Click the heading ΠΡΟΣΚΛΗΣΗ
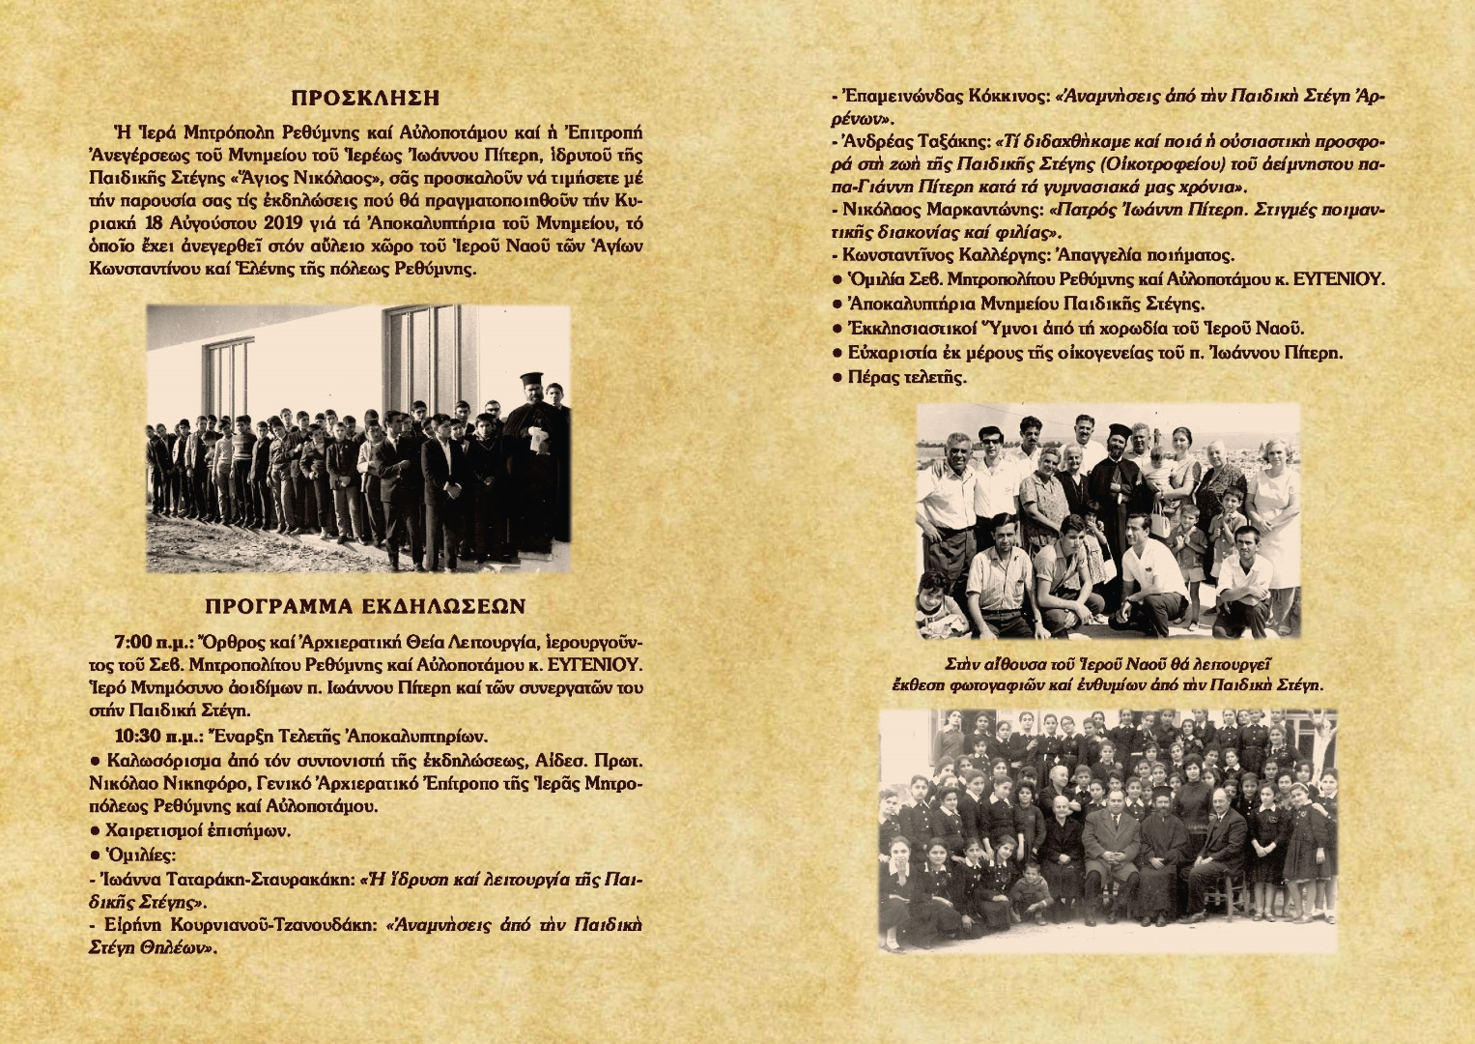click(x=365, y=99)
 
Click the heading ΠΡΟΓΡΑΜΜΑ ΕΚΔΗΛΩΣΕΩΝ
click(x=365, y=606)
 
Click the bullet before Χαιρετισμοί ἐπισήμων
click(x=94, y=830)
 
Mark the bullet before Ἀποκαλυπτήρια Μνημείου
click(x=837, y=304)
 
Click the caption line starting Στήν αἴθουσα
click(x=1106, y=664)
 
